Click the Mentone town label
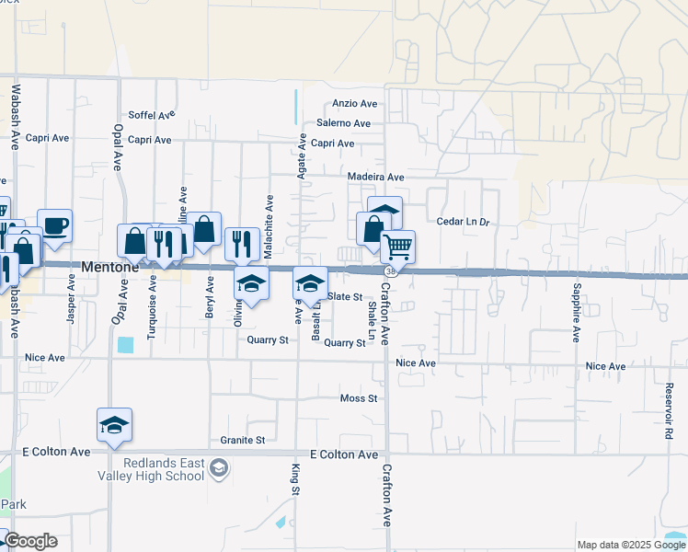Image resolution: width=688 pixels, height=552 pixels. [109, 268]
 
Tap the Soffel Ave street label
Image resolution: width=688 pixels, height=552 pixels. [152, 116]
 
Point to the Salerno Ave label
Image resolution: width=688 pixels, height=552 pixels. [343, 123]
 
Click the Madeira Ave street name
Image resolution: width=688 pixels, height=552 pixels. [376, 177]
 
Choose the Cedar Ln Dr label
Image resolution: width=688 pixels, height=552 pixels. [464, 222]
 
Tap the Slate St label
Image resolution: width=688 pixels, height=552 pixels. [345, 296]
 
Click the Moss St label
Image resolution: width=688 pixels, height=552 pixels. [359, 398]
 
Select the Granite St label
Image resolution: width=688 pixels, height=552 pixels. [243, 441]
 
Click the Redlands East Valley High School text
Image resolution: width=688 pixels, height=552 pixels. [161, 469]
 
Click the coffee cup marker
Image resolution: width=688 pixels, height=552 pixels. [55, 224]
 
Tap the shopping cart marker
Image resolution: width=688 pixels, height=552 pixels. [397, 246]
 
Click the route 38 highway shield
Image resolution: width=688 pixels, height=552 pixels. [391, 271]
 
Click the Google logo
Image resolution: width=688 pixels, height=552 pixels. [31, 541]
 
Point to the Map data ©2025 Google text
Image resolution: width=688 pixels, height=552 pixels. [629, 545]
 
